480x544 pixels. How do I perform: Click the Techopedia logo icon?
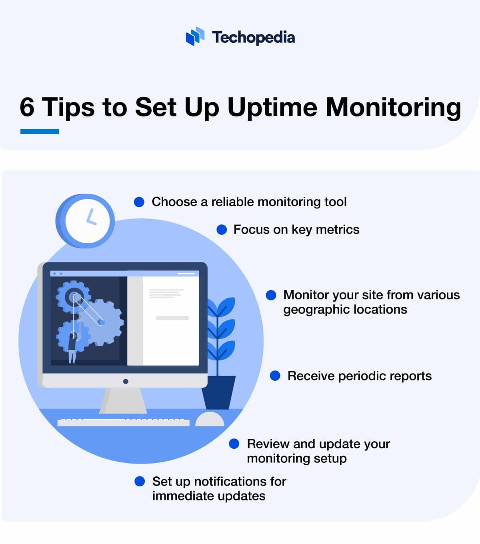[x=195, y=37]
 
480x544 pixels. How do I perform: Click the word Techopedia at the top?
[x=253, y=37]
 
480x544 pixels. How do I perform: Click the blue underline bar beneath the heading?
[x=40, y=131]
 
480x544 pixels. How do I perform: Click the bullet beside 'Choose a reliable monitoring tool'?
[x=139, y=202]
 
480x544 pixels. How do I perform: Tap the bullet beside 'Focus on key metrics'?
[x=222, y=230]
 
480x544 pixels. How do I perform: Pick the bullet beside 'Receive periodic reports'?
[x=275, y=376]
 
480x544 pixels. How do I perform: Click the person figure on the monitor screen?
[x=72, y=348]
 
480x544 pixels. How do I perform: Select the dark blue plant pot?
[x=218, y=392]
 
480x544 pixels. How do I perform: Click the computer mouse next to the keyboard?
[x=209, y=419]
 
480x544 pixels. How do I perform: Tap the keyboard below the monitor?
[x=123, y=422]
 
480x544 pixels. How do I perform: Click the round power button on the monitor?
[x=126, y=381]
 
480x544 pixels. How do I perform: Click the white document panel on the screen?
[x=170, y=320]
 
